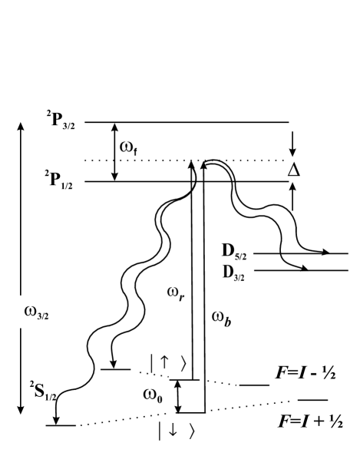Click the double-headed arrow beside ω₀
[179, 395]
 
